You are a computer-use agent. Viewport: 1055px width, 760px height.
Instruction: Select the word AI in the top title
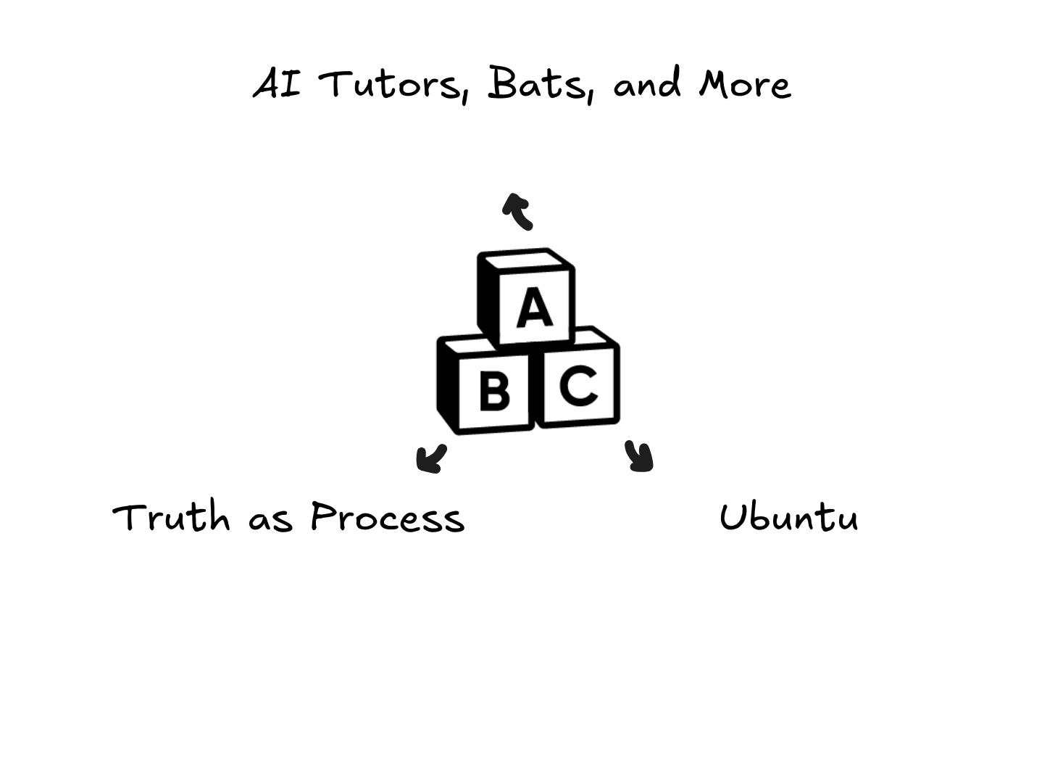coord(277,84)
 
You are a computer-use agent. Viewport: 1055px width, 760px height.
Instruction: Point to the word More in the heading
coord(744,84)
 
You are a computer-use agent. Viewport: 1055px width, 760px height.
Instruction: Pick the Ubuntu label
coord(789,518)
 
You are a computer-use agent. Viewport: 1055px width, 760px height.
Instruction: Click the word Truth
coord(172,518)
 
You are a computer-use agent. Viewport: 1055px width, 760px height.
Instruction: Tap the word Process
coord(388,518)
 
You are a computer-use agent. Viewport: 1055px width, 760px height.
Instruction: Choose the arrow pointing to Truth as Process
coord(431,459)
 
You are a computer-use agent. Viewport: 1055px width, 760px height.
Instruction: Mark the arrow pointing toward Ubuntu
coord(640,457)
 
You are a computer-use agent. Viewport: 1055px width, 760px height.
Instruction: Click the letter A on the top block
coord(535,308)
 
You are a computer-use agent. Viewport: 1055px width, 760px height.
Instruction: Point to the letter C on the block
coord(578,385)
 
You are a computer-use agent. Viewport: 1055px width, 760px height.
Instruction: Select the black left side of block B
coord(446,384)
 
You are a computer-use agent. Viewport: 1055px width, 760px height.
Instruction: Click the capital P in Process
coord(323,516)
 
